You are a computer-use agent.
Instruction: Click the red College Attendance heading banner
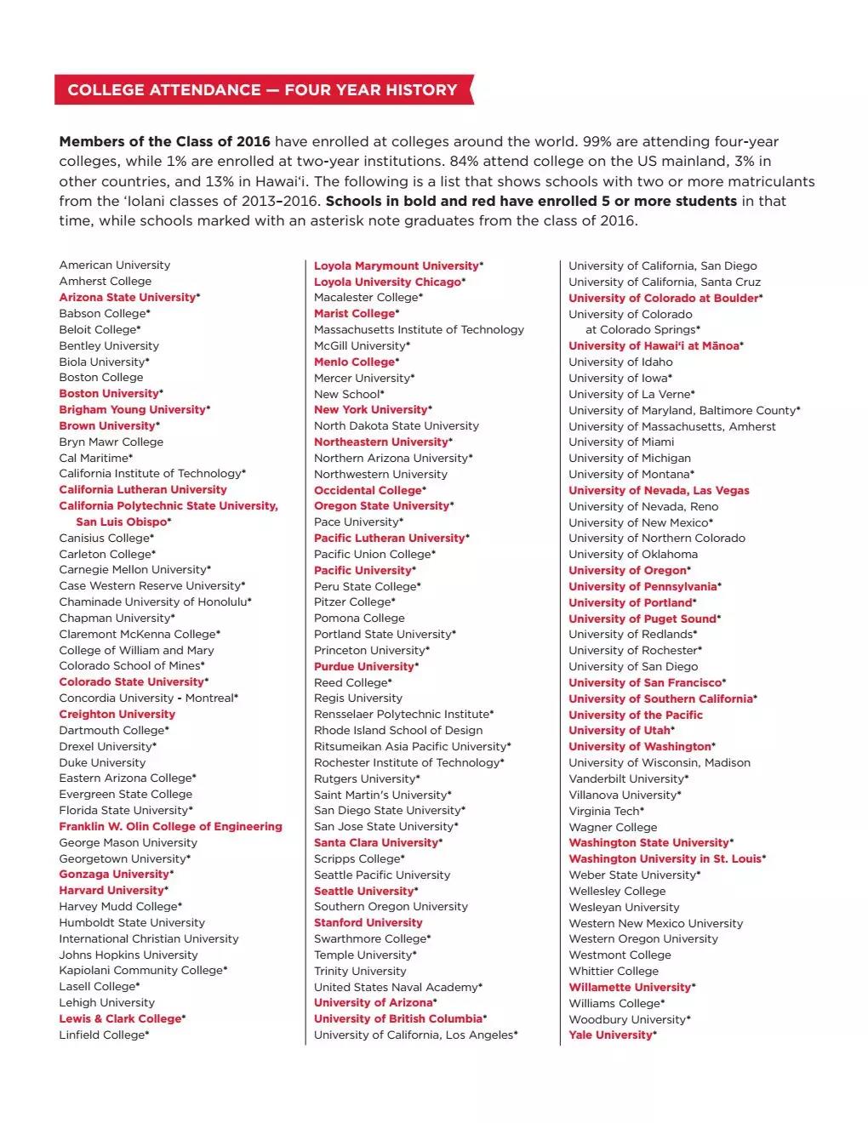(x=262, y=90)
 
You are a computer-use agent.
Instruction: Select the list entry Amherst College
(x=106, y=282)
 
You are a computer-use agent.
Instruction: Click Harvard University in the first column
(x=111, y=891)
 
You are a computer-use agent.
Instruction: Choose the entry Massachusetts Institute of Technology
(x=419, y=330)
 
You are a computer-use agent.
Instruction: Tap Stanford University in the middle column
(x=368, y=923)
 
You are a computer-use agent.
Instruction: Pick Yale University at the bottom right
(x=610, y=1035)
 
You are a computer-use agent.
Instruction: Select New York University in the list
(x=370, y=410)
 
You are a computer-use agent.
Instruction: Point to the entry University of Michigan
(x=630, y=459)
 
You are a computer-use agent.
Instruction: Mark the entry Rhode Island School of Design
(x=397, y=731)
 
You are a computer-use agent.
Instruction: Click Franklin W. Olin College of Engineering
(x=170, y=827)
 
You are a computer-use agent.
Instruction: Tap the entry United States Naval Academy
(x=396, y=988)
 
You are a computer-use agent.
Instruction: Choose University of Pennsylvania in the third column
(x=642, y=587)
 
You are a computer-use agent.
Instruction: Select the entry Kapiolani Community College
(x=140, y=971)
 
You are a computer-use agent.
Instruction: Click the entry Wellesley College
(x=617, y=892)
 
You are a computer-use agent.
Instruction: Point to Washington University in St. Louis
(x=665, y=859)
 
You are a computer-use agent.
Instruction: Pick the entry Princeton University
(x=369, y=651)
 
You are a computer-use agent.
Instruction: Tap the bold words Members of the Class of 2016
(x=164, y=142)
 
